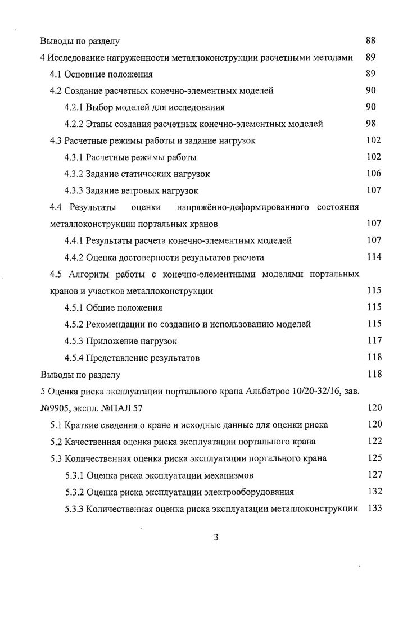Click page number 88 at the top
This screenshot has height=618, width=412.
pos(370,40)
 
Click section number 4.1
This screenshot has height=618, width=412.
pos(56,74)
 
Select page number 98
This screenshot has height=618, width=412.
pos(370,124)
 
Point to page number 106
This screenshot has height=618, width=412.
pos(373,174)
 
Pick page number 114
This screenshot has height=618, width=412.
pos(373,257)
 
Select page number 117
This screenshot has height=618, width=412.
pos(373,340)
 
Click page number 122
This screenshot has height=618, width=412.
pos(373,441)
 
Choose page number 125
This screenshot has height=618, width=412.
pos(373,458)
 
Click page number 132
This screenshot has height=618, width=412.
pos(373,492)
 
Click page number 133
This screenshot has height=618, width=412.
pos(373,508)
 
